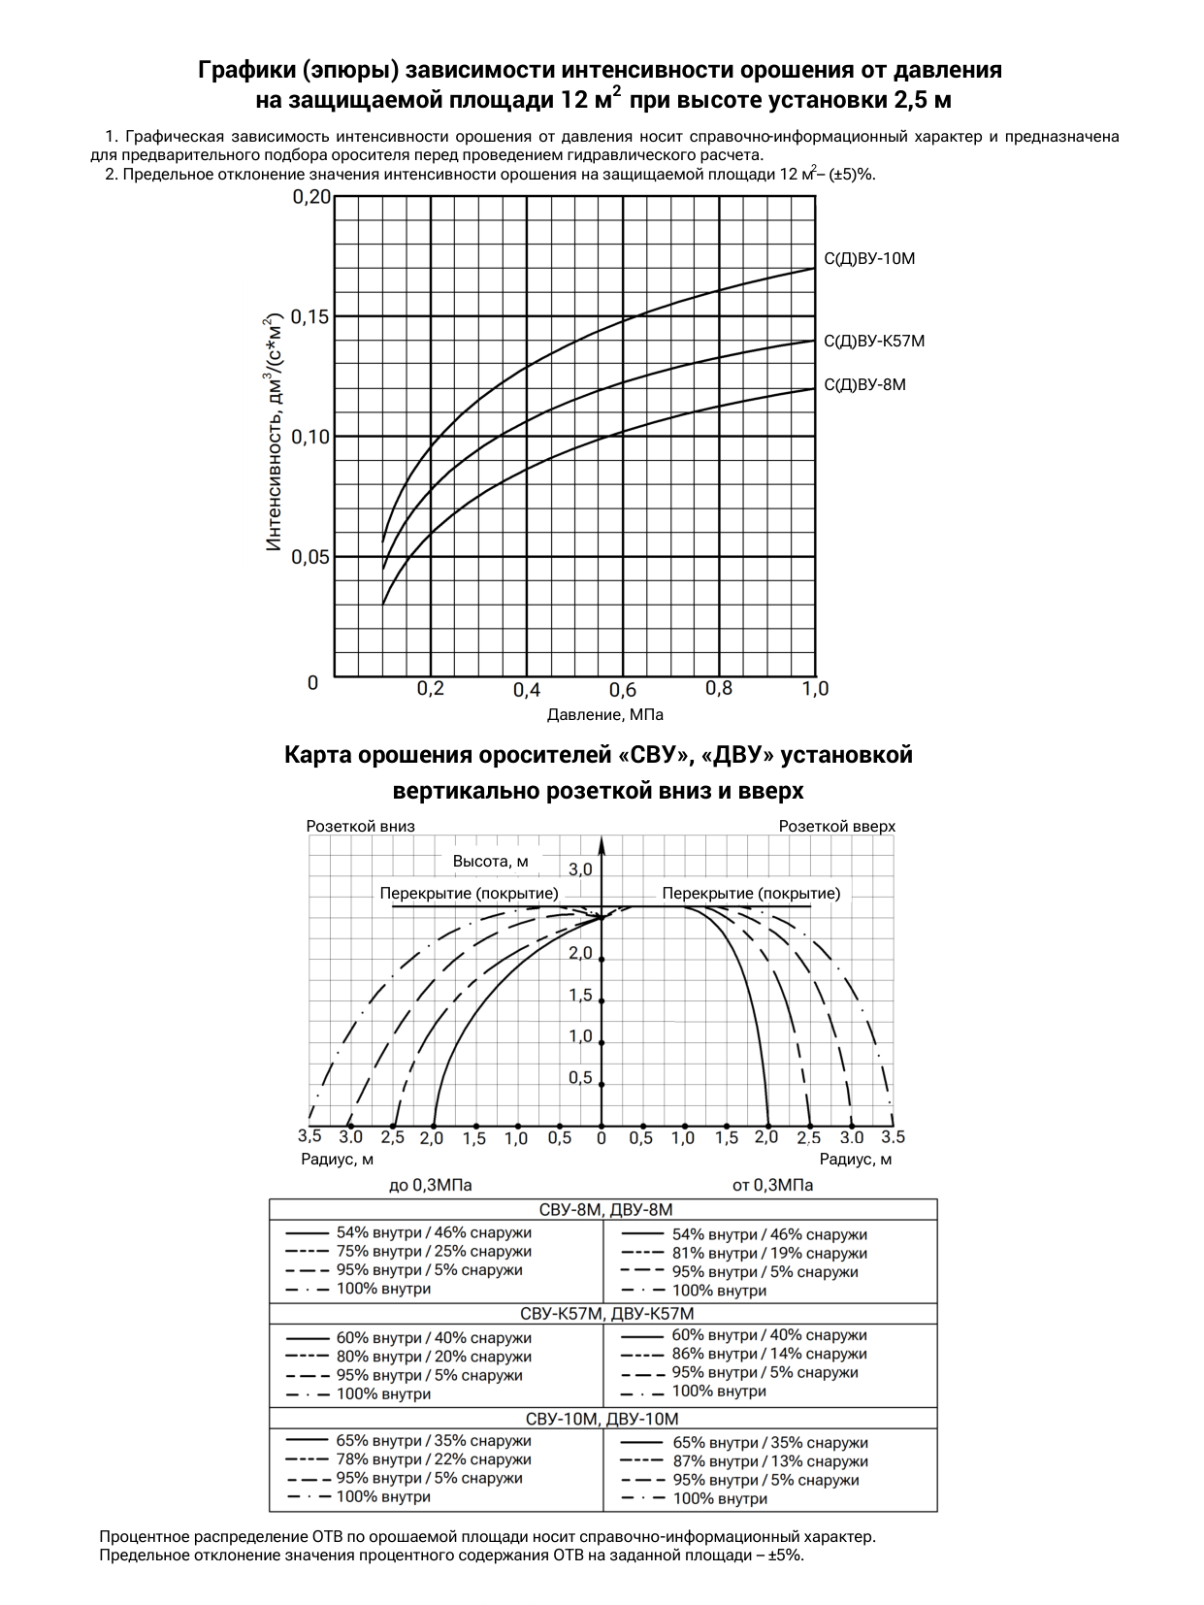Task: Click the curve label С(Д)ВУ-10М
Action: click(869, 259)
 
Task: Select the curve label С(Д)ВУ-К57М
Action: click(874, 342)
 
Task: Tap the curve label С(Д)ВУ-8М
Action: click(864, 385)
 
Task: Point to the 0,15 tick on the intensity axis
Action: click(310, 316)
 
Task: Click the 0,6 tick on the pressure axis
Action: click(622, 690)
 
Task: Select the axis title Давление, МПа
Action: click(605, 715)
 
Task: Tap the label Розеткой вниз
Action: click(360, 826)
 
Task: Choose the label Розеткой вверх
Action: click(837, 826)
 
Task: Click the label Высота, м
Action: click(491, 862)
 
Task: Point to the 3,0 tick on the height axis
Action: click(580, 869)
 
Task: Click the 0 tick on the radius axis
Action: click(602, 1137)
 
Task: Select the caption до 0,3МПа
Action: click(431, 1185)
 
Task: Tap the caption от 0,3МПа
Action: click(772, 1185)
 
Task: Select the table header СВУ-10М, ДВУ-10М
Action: click(602, 1420)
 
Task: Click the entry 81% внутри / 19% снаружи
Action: click(769, 1254)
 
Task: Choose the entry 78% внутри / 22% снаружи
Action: click(434, 1459)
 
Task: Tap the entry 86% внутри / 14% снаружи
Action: click(769, 1355)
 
